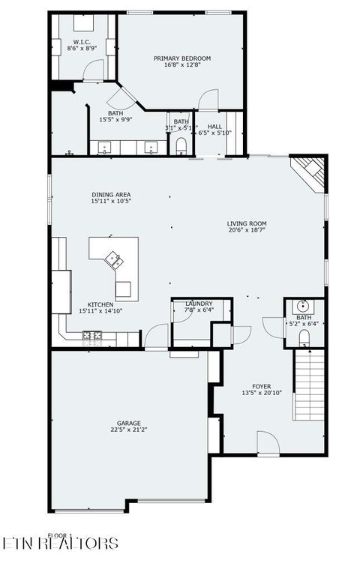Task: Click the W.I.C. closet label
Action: pos(82,42)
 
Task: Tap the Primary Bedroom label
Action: pos(182,58)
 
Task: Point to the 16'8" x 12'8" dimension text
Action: pos(182,65)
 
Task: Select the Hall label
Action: pos(215,126)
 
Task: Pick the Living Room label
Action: pos(247,223)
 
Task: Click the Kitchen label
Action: pos(100,304)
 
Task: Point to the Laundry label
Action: pos(199,303)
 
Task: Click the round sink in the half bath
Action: pos(304,306)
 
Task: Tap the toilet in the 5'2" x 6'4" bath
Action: pos(304,342)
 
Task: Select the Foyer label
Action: pos(261,386)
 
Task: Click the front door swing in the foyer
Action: pos(268,442)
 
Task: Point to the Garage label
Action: pos(128,423)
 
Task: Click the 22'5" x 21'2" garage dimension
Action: pos(128,430)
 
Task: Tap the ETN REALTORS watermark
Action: pos(60,543)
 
